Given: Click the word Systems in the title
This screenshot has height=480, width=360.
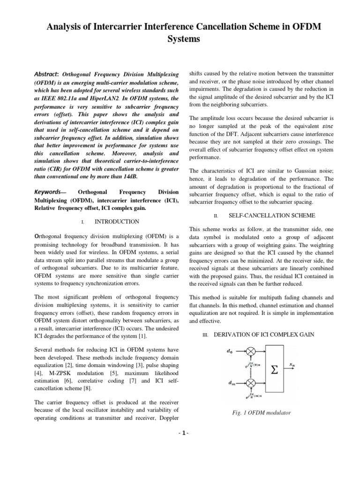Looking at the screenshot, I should [x=180, y=39].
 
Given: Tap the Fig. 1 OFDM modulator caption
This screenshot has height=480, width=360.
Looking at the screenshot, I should [x=261, y=412].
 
